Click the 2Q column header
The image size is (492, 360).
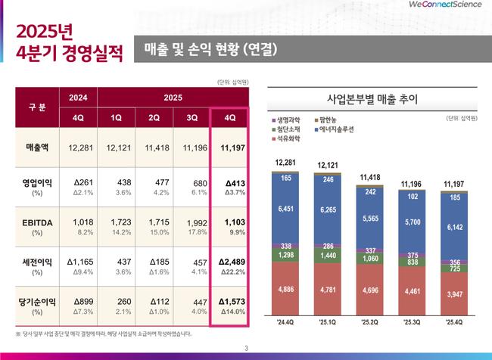[154, 117]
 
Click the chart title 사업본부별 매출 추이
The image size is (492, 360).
[371, 99]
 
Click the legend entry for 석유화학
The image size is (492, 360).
[292, 139]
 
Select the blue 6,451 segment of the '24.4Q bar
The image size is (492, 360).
[286, 209]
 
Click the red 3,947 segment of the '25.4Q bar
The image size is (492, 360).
[453, 294]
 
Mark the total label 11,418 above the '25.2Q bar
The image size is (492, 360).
[370, 177]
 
